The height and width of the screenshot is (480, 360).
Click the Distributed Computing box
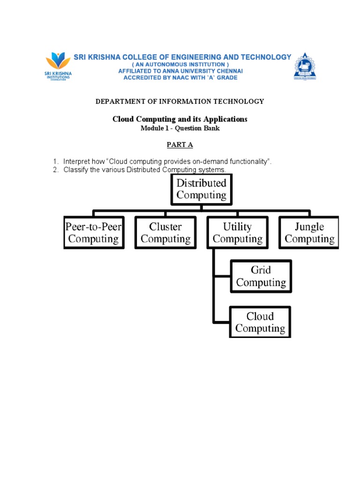click(x=201, y=189)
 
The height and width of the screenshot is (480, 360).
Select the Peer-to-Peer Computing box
click(x=94, y=233)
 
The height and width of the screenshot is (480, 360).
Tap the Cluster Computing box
click(x=165, y=233)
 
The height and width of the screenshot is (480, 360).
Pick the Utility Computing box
click(x=237, y=233)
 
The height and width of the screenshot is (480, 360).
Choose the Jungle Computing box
click(x=309, y=233)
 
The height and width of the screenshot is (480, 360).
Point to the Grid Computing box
click(x=261, y=276)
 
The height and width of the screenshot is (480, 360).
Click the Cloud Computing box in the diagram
click(x=260, y=322)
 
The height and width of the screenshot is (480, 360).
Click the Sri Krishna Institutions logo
click(x=58, y=66)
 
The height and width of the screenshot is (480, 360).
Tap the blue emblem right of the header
click(x=305, y=67)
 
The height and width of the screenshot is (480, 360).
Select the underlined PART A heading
click(x=180, y=145)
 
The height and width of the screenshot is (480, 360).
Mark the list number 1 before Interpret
click(x=55, y=162)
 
